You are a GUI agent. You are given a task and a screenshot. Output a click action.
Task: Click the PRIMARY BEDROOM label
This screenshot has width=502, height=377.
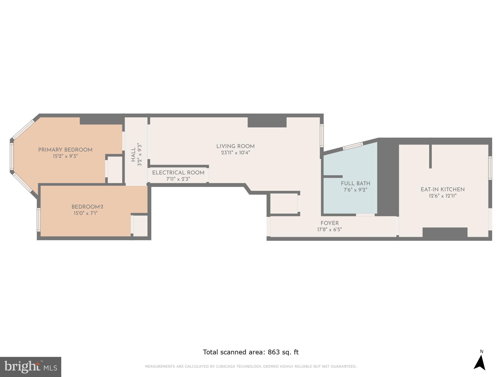point(65,150)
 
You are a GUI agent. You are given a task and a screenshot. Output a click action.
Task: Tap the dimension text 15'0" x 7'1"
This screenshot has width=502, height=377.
point(85,213)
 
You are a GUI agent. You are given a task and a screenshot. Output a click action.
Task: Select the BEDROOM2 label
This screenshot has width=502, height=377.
point(87,207)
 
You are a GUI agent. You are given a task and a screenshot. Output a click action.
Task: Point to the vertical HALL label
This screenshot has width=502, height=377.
point(133,155)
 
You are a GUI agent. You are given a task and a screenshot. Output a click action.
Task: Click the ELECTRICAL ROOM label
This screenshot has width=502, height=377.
point(178,173)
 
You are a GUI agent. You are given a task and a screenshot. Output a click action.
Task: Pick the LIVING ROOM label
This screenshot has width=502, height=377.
point(235,146)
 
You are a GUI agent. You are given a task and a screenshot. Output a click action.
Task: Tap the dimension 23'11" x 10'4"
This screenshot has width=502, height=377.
point(235,153)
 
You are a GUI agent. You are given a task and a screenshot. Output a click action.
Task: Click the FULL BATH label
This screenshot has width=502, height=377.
point(355,183)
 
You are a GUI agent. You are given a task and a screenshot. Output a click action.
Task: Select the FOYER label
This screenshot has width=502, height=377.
point(330,223)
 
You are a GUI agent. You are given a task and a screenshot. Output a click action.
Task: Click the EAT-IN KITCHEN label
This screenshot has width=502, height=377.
point(443,190)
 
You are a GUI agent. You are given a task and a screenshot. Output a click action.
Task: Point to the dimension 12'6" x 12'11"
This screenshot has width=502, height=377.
point(443,196)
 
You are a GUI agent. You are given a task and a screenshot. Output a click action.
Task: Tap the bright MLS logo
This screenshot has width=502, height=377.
point(31,367)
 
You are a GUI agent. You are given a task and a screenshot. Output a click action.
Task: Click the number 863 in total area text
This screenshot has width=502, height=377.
point(274,352)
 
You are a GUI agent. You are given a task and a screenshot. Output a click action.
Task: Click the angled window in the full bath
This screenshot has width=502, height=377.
point(353,146)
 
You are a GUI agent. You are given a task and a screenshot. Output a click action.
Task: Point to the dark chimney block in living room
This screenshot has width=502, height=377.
point(267,122)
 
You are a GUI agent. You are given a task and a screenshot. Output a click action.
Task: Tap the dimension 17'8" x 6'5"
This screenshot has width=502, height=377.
point(330,229)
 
